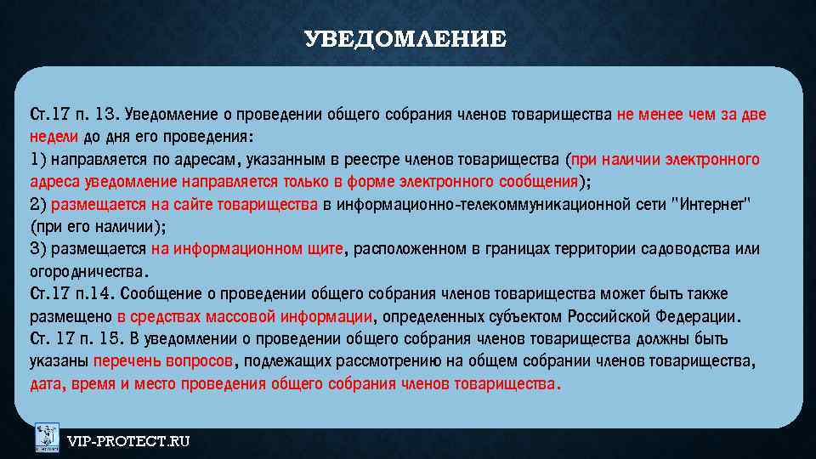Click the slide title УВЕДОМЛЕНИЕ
click(405, 39)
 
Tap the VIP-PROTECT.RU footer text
click(128, 440)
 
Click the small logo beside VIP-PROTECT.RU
click(47, 438)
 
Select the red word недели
click(54, 136)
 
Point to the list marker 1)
click(38, 159)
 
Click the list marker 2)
click(38, 204)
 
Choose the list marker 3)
click(38, 249)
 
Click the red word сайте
click(195, 204)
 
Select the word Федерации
click(700, 317)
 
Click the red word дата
click(44, 384)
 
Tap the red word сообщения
click(535, 181)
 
